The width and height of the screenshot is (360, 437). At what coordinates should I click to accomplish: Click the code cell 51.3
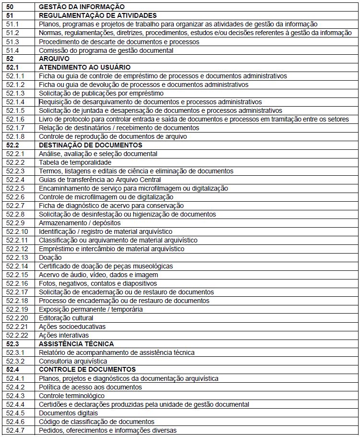click(x=12, y=42)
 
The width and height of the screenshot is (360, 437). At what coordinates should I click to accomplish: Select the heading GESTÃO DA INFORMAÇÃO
click(x=82, y=7)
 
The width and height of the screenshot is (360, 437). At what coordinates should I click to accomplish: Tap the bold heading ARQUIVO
click(x=54, y=59)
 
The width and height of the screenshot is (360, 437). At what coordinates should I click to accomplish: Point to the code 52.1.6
click(x=15, y=120)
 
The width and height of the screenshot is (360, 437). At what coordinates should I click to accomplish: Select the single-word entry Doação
click(x=50, y=258)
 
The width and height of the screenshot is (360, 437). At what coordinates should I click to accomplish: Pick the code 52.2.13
click(x=17, y=258)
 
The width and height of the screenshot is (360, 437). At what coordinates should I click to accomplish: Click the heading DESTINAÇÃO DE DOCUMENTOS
click(x=90, y=146)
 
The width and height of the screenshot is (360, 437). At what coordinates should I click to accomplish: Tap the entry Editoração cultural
click(x=66, y=318)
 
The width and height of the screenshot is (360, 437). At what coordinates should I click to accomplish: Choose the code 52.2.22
click(x=17, y=336)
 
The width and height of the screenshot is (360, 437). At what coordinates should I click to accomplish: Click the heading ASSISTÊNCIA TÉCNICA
click(x=76, y=344)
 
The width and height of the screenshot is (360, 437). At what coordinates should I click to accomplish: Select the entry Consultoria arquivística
click(x=73, y=362)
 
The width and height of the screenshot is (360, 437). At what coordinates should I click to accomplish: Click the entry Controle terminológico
click(x=72, y=396)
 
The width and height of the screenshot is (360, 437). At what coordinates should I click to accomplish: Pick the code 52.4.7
click(x=15, y=431)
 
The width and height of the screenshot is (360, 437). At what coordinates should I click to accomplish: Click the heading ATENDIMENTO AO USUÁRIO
click(x=84, y=68)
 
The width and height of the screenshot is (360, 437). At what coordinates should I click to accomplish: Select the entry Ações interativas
click(x=64, y=336)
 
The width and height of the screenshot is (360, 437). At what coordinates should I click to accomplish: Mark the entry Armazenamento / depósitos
click(x=80, y=223)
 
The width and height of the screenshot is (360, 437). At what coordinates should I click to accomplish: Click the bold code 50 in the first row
click(x=10, y=7)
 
